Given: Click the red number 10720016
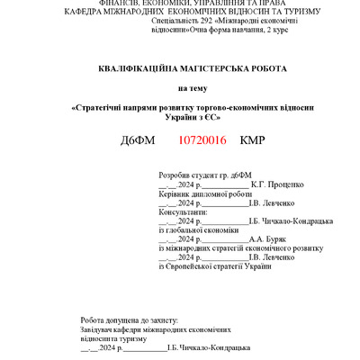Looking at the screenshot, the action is (x=202, y=141).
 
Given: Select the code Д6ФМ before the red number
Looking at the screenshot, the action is (x=137, y=141).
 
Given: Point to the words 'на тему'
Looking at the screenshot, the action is (x=191, y=88).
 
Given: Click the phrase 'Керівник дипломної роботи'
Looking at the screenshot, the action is (x=203, y=193).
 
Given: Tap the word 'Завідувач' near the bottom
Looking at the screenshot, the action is (x=96, y=329).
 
